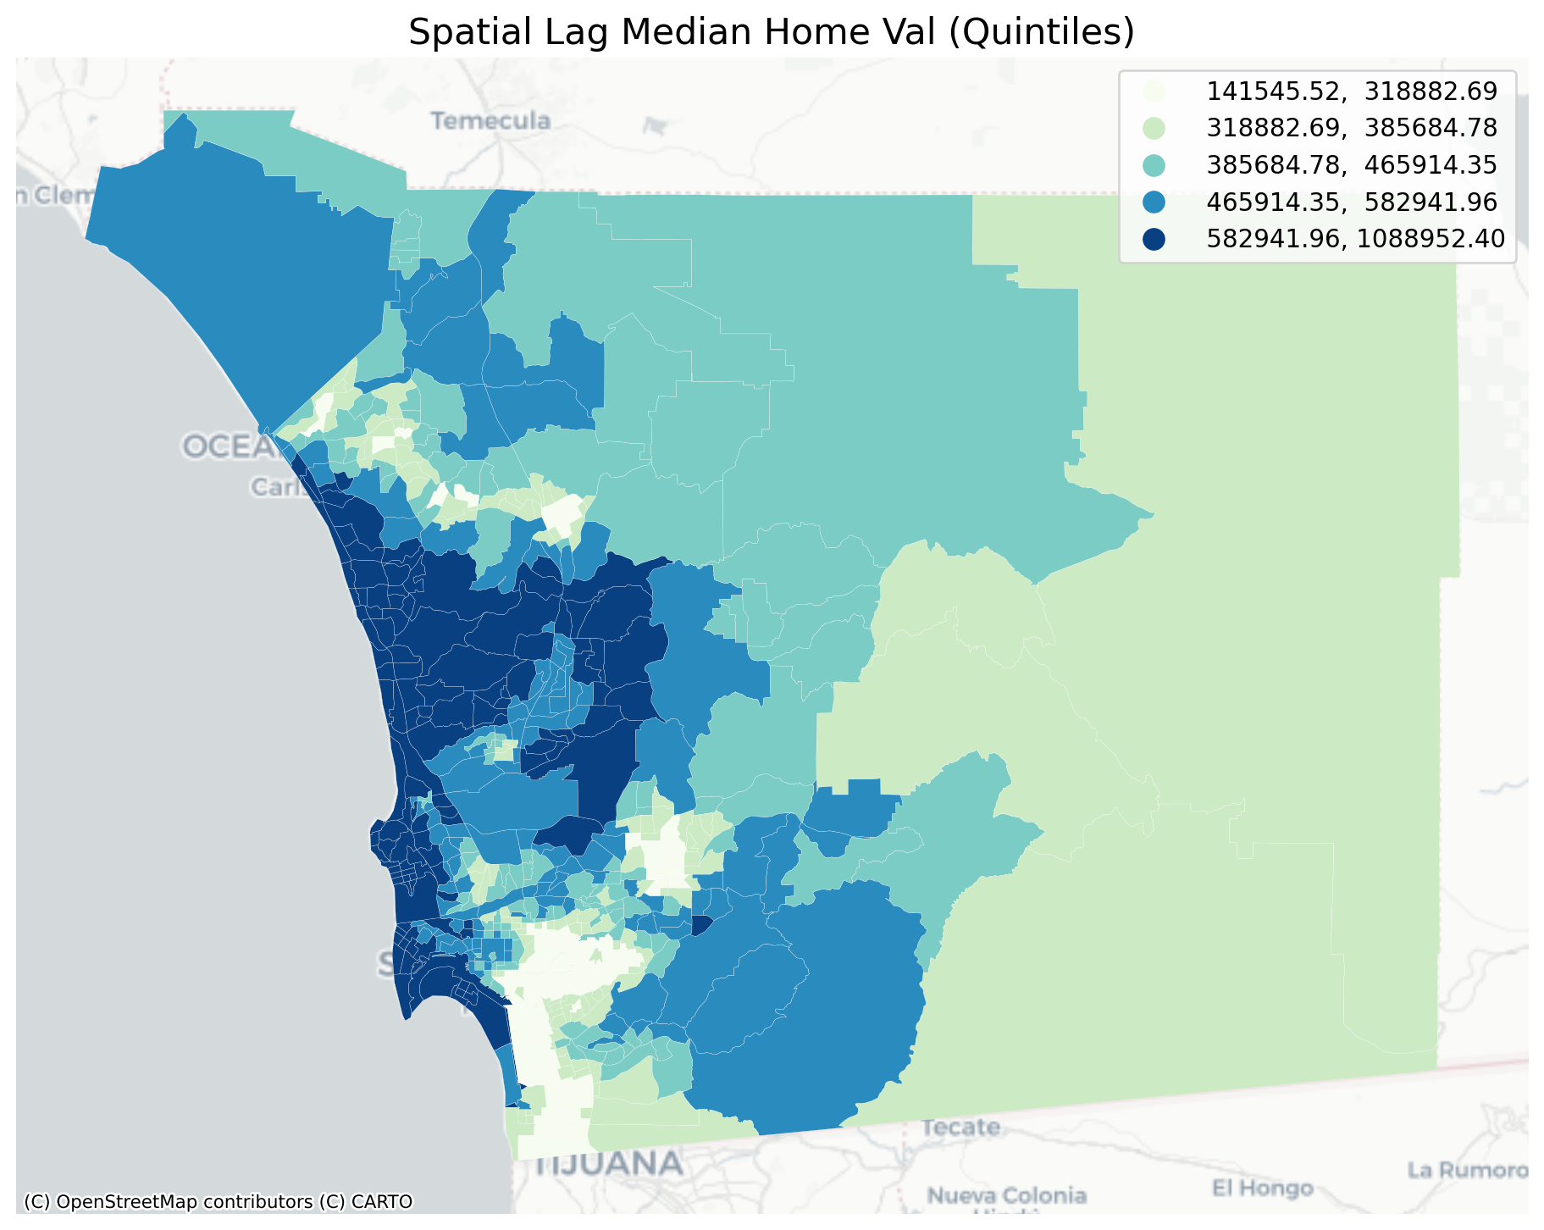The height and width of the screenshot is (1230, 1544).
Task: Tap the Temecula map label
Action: [490, 121]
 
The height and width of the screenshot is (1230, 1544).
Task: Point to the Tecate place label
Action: [960, 1127]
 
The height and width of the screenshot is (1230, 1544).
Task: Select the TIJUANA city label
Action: [610, 1164]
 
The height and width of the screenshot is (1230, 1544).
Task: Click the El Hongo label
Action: [1262, 1188]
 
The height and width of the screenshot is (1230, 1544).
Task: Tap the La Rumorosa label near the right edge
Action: [1467, 1171]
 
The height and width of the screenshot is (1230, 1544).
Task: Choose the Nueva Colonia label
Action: [1007, 1196]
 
